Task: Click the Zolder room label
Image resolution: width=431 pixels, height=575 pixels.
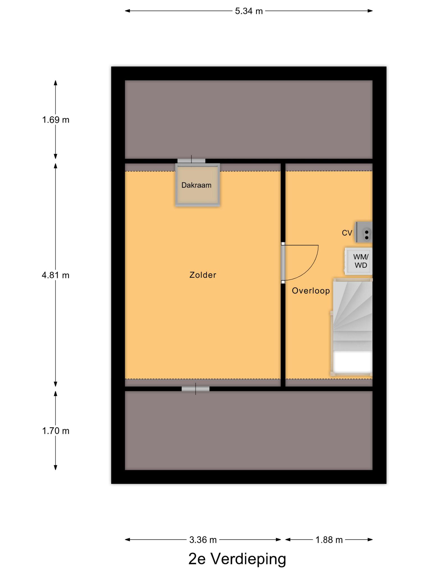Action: (x=203, y=275)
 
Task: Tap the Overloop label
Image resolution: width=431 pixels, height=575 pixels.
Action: (x=311, y=291)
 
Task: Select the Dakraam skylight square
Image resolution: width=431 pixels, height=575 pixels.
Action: (x=198, y=185)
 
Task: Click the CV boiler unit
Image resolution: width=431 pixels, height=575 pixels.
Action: (x=364, y=232)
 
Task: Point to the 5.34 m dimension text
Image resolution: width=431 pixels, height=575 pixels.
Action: (x=249, y=11)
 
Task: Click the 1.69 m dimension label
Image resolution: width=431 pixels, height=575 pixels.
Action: (x=56, y=120)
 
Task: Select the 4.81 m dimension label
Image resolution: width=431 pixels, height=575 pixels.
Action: (x=56, y=275)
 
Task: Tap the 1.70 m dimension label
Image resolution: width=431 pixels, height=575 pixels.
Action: (x=56, y=431)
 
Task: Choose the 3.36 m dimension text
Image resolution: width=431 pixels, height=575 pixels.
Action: (x=203, y=540)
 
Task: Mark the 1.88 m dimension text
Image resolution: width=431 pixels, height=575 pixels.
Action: (x=329, y=540)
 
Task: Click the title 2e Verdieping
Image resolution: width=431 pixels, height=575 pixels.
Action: (x=237, y=559)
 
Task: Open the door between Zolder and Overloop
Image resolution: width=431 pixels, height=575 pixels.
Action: (x=283, y=263)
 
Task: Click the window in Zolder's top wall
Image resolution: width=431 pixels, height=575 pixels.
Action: (x=191, y=161)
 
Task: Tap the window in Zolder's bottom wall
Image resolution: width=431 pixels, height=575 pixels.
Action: (x=196, y=389)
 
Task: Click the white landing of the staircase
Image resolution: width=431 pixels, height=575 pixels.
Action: (x=352, y=362)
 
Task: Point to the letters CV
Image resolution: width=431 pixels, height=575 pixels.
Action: (x=347, y=233)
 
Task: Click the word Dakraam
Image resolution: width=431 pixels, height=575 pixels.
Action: (x=196, y=185)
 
